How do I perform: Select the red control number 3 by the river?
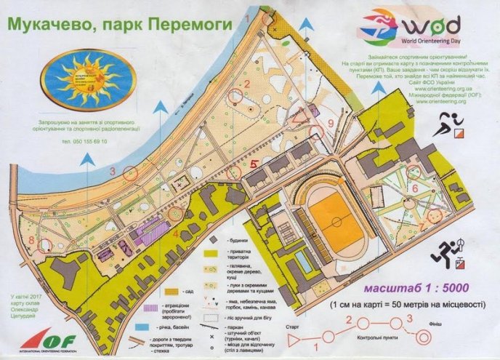pos(113,172)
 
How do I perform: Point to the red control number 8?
pos(32,239)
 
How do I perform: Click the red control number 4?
pos(177,233)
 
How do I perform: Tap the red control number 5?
pos(253,164)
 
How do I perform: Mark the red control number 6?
pos(414,188)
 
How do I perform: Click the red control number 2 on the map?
pos(247,84)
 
